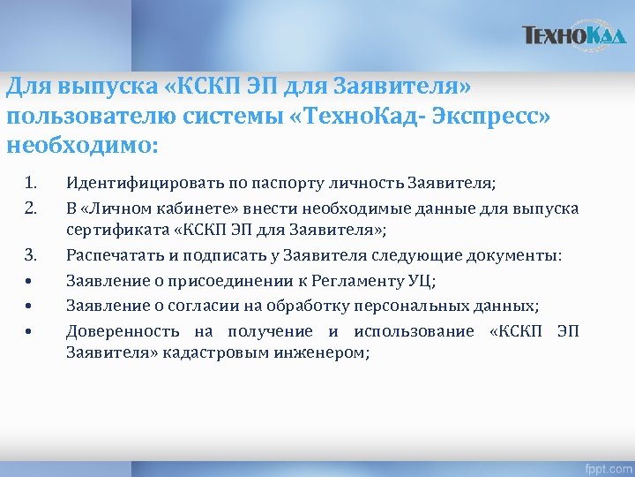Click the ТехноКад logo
(573, 36)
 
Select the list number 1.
(30, 184)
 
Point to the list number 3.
(30, 256)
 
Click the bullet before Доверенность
(29, 331)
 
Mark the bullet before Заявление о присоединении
(29, 282)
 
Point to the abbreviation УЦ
(420, 281)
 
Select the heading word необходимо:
(81, 144)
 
